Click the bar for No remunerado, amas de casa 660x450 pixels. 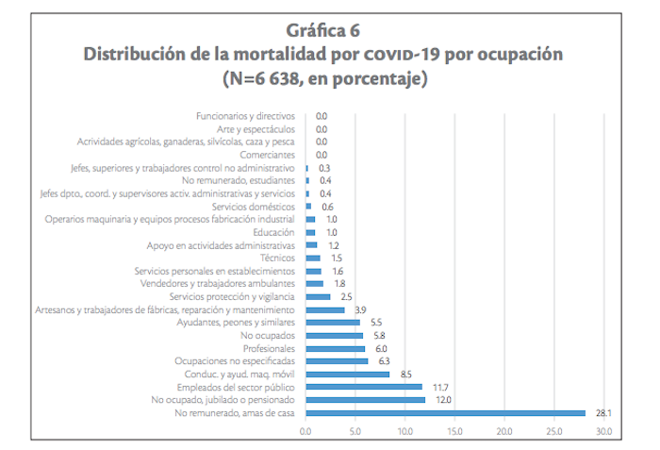445,412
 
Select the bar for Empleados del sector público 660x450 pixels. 364,387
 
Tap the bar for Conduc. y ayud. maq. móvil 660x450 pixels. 348,374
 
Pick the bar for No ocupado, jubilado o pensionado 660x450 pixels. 365,400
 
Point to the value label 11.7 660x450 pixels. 440,387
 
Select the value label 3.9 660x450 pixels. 359,309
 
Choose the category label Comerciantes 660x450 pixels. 267,155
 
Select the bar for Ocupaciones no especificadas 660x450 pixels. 338,361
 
